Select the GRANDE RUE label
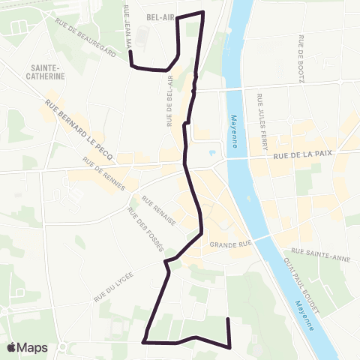pyautogui.click(x=229, y=244)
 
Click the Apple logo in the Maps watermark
pyautogui.click(x=12, y=347)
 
